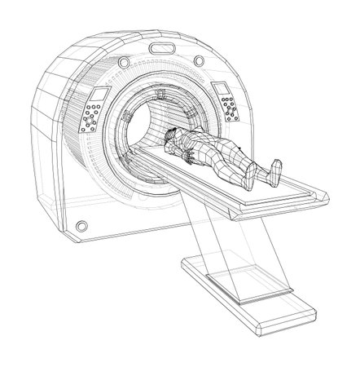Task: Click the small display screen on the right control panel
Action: coord(220,89)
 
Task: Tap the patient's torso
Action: coord(195,148)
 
